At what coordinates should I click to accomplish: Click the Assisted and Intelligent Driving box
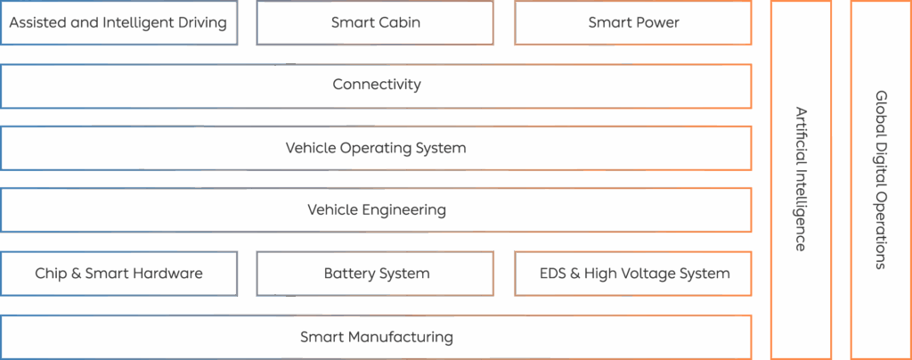pyautogui.click(x=118, y=23)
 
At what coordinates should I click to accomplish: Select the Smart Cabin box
pyautogui.click(x=375, y=23)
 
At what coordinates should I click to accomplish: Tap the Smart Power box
pyautogui.click(x=633, y=23)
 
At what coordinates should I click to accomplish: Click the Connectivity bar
pyautogui.click(x=376, y=86)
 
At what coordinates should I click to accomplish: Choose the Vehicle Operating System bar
pyautogui.click(x=376, y=148)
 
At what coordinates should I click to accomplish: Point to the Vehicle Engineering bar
pyautogui.click(x=376, y=210)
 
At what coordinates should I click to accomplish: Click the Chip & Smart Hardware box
pyautogui.click(x=118, y=274)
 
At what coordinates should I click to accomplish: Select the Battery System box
pyautogui.click(x=375, y=274)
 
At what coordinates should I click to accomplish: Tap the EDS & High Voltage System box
pyautogui.click(x=633, y=274)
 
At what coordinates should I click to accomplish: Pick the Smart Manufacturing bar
pyautogui.click(x=376, y=337)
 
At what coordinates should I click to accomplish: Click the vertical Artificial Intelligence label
pyautogui.click(x=801, y=179)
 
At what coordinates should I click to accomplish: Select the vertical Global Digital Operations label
pyautogui.click(x=881, y=179)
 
